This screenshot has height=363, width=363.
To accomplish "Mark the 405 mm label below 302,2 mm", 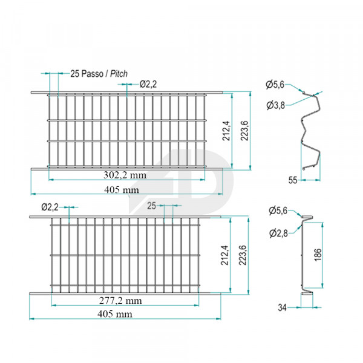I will [x=121, y=189].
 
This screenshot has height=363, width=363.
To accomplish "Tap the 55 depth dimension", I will [x=292, y=180].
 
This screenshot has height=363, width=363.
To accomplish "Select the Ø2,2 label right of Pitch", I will [x=148, y=84].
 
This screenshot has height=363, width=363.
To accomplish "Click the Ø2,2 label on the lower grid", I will [x=50, y=207].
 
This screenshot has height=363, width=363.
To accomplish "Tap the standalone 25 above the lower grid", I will [x=151, y=206].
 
